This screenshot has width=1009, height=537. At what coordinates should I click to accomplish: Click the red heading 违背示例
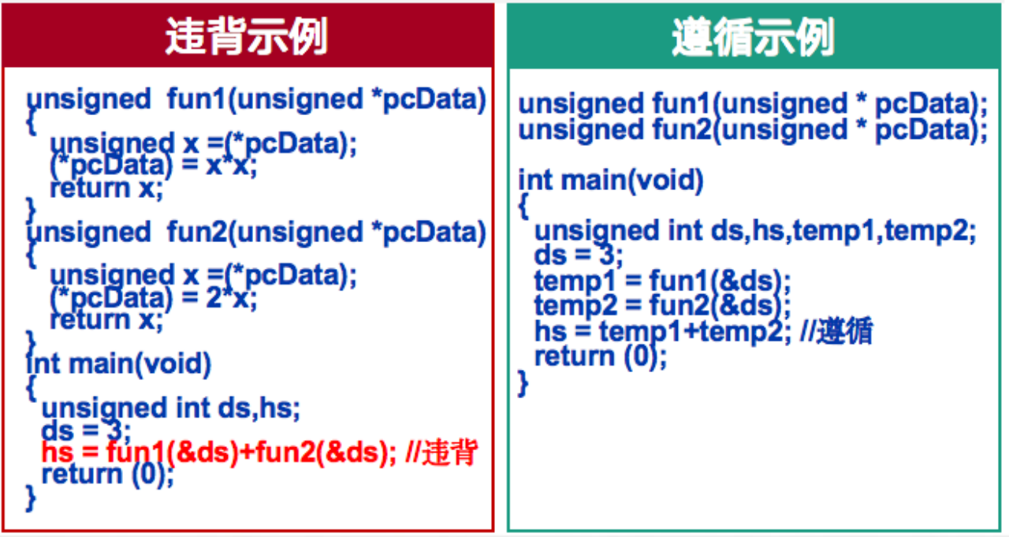(x=246, y=36)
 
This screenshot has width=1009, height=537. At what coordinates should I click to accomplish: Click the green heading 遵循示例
(x=753, y=37)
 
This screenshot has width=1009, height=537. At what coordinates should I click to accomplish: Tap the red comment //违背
(x=441, y=452)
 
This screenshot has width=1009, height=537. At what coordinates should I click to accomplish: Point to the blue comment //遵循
(x=837, y=331)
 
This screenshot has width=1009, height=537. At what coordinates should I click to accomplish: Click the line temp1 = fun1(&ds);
(x=662, y=282)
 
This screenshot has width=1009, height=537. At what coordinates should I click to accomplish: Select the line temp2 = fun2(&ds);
(x=662, y=306)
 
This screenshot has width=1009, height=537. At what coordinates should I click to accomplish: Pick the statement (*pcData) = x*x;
(x=153, y=166)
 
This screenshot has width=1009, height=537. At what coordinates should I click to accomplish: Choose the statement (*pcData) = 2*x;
(x=153, y=298)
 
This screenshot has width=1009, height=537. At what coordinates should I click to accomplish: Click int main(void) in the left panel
(x=118, y=364)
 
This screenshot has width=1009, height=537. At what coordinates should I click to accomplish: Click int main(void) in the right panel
(x=610, y=181)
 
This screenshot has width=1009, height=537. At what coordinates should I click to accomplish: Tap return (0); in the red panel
(x=108, y=475)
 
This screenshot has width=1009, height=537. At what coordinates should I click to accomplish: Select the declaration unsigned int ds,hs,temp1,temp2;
(x=755, y=232)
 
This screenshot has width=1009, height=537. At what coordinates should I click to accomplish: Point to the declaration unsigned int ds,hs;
(x=171, y=409)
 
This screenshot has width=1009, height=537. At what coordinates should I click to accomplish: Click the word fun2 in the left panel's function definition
(x=197, y=232)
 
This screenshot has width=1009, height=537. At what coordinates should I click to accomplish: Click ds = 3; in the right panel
(x=579, y=255)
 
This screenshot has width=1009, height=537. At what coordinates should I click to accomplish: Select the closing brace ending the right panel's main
(x=523, y=383)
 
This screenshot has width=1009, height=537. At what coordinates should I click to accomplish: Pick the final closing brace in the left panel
(x=31, y=498)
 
